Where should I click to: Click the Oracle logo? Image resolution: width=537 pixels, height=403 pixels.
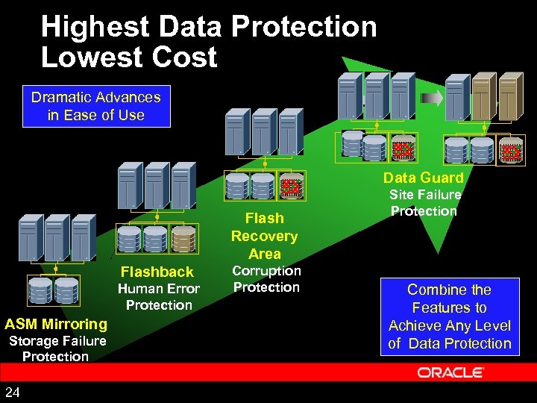[x=450, y=372]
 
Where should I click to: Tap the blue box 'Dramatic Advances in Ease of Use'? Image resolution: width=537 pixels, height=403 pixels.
[x=95, y=106]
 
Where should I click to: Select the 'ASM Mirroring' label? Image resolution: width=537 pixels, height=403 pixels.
[x=56, y=324]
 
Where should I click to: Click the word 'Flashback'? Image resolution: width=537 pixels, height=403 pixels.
[x=157, y=272]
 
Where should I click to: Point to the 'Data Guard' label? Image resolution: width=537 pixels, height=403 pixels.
[x=423, y=178]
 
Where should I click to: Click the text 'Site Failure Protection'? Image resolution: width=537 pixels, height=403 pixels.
[x=424, y=203]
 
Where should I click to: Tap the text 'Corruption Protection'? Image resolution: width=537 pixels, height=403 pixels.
[x=266, y=279]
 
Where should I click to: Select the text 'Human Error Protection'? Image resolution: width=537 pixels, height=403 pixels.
[x=159, y=297]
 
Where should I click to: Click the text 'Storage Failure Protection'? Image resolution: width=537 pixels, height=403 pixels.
[x=57, y=349]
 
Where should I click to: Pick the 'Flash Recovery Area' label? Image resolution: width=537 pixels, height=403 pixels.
[x=264, y=236]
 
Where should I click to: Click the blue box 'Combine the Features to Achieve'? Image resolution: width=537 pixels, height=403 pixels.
[x=449, y=316]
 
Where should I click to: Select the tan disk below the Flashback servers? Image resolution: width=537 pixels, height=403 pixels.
[x=183, y=239]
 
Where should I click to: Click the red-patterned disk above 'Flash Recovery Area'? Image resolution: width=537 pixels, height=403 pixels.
[x=289, y=187]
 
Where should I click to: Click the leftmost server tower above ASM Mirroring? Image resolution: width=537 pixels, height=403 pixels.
[x=31, y=237]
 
